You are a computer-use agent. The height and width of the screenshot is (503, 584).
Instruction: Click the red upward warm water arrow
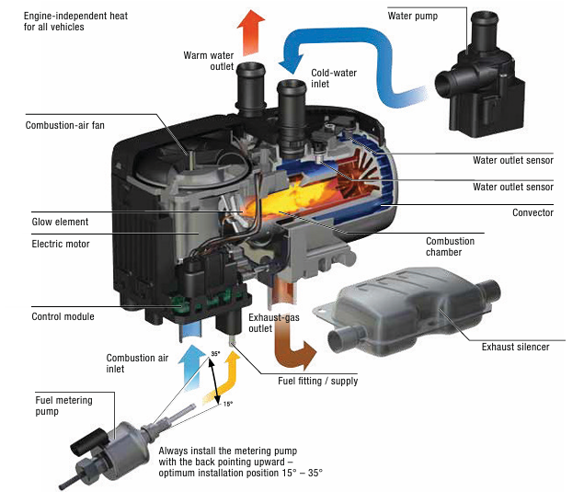[251, 33]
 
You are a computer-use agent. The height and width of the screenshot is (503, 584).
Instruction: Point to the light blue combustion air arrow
[191, 368]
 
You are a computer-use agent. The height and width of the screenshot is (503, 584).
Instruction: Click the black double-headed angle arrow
[214, 379]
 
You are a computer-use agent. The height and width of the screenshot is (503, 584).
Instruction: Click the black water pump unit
[481, 74]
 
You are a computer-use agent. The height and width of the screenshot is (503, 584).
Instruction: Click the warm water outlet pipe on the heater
[251, 89]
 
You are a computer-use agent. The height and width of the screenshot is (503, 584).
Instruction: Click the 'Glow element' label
[60, 222]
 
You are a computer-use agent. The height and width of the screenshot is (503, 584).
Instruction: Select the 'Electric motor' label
[61, 244]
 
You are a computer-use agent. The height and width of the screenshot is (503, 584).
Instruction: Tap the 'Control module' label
[63, 316]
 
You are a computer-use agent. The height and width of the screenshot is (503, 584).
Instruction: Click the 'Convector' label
[532, 212]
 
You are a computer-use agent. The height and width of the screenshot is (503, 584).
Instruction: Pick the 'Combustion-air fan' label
[64, 125]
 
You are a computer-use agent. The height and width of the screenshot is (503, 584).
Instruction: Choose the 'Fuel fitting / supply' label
[317, 381]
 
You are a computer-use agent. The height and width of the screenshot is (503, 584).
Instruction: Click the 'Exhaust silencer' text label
[515, 347]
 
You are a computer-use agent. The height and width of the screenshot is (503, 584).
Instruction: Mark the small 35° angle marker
[215, 353]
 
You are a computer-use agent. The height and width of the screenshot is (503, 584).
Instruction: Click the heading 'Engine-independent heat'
[75, 16]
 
